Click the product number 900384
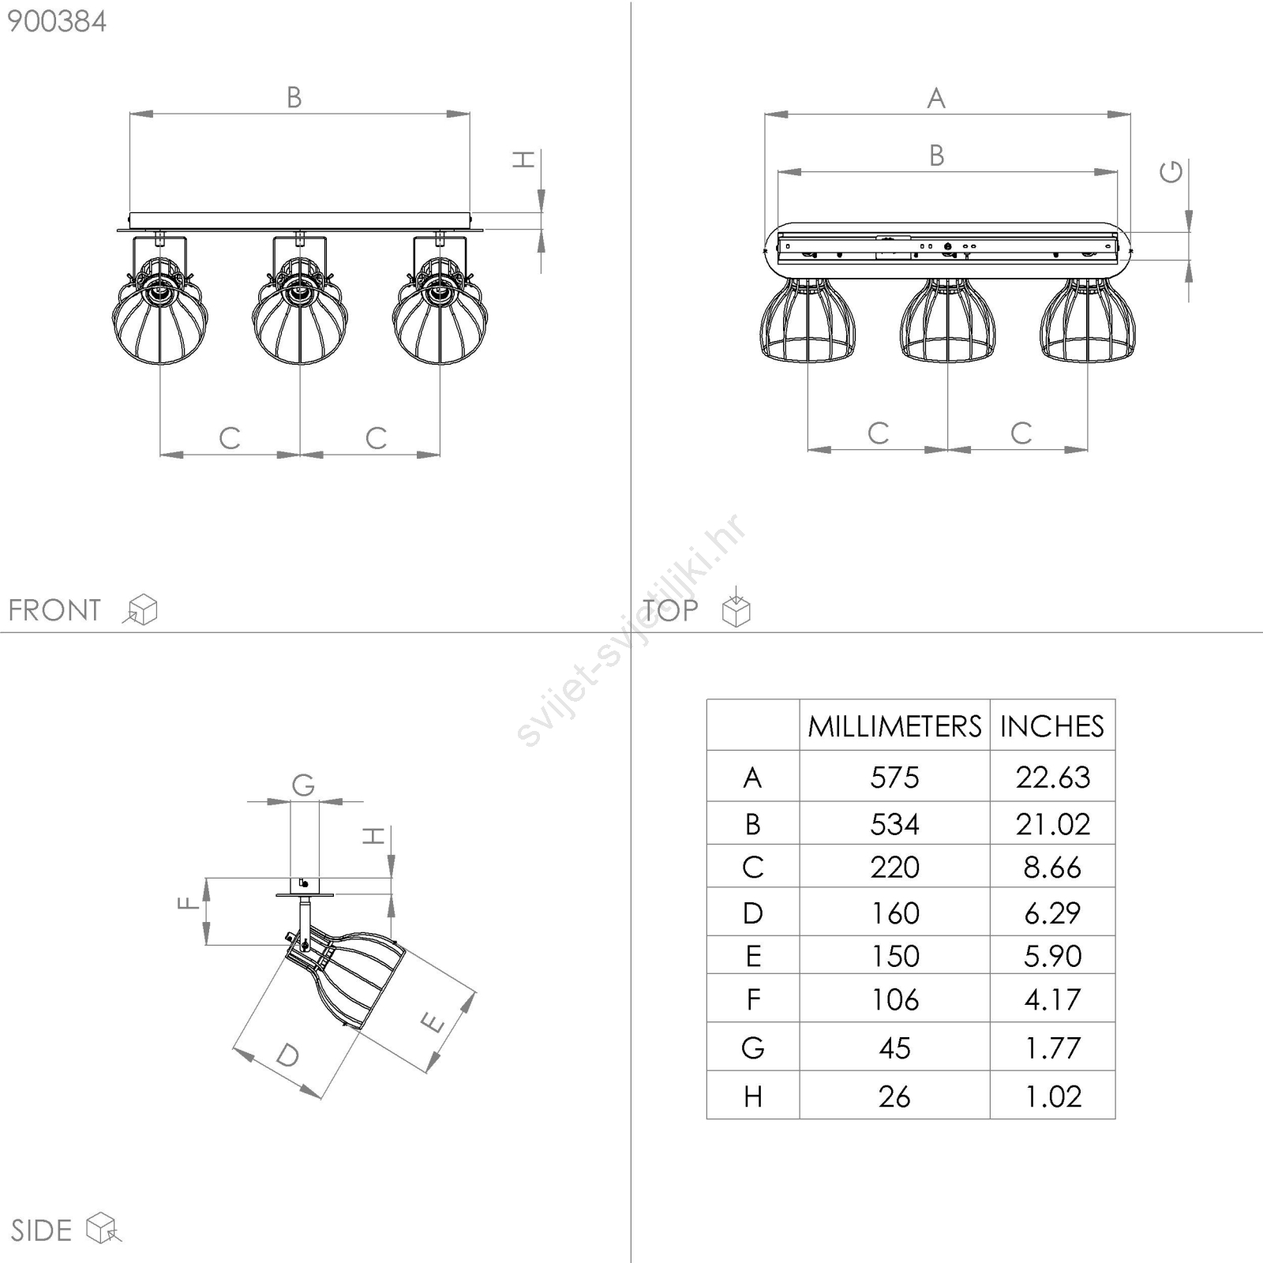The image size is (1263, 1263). (57, 21)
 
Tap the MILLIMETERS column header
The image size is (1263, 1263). (894, 725)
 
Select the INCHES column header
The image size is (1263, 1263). (1052, 725)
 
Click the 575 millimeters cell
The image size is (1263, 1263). (894, 778)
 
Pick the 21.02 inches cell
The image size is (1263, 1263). (1053, 824)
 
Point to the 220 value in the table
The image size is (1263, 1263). (894, 868)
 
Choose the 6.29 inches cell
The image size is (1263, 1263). (1052, 913)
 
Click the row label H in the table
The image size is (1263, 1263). (753, 1096)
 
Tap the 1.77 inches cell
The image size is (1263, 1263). (1052, 1048)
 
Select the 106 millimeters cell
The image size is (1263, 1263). (894, 1000)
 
